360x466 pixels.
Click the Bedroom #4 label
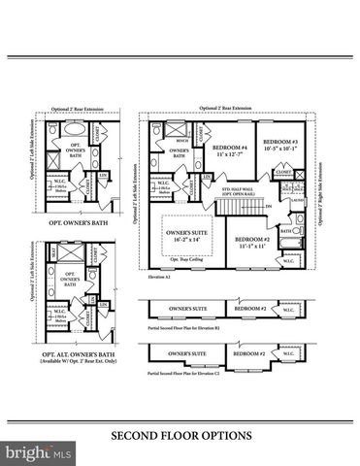(230, 148)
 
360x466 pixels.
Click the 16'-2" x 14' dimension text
(183, 241)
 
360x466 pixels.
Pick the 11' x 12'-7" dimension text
(230, 155)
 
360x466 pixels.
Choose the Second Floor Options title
(180, 436)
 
